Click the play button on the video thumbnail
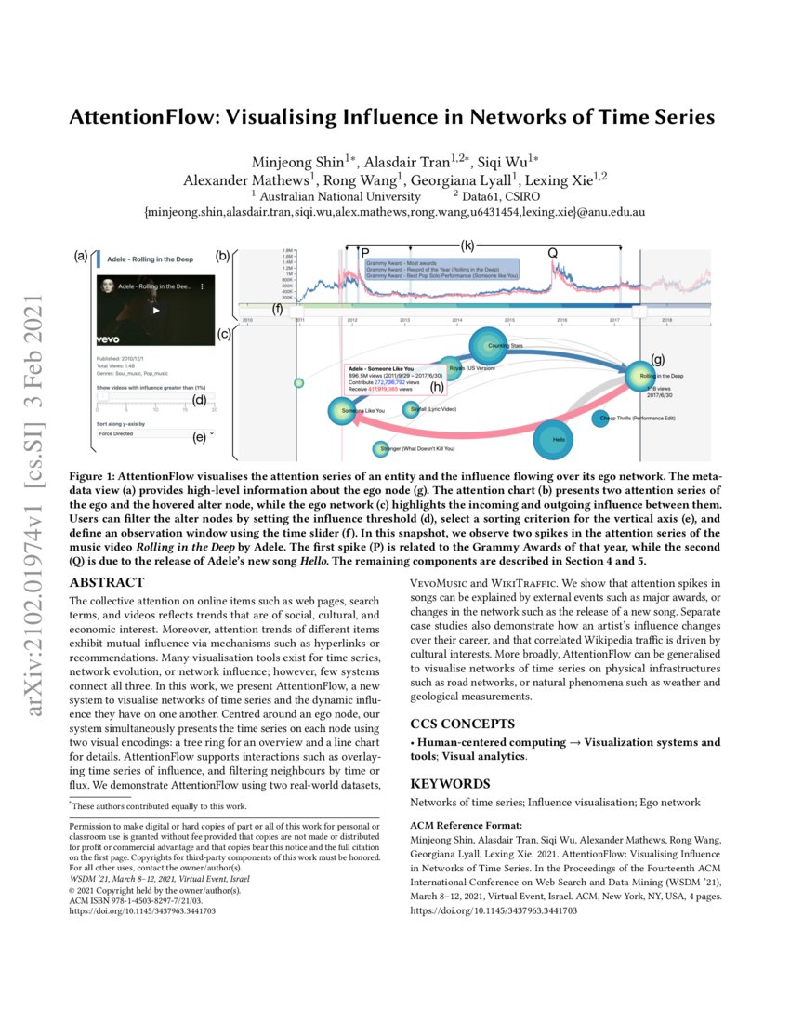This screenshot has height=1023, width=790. (x=155, y=311)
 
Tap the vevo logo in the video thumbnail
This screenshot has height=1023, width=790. (x=110, y=340)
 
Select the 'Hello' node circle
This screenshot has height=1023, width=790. (x=558, y=439)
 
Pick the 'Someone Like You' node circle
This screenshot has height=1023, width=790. (x=341, y=411)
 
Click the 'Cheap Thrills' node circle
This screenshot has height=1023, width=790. (x=600, y=418)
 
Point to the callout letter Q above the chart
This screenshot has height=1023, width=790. (x=552, y=253)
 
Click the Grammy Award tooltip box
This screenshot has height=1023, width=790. (x=440, y=269)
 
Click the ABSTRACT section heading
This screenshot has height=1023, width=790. (x=107, y=583)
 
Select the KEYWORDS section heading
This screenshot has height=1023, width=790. (x=450, y=784)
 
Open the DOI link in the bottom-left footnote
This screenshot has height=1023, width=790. (x=143, y=911)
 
